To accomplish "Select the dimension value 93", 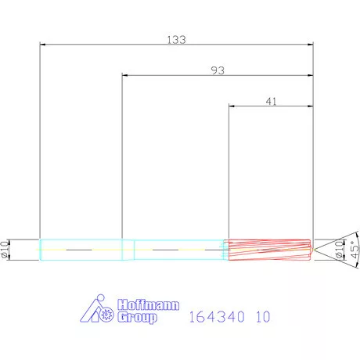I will click(x=218, y=70).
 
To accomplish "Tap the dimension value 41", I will click(x=271, y=102).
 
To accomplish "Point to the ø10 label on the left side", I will click(x=6, y=248).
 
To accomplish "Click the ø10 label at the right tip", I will click(x=339, y=249).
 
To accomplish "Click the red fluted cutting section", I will click(x=267, y=249).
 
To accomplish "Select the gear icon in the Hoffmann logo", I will click(x=102, y=315).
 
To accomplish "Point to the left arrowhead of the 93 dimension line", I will click(x=125, y=76).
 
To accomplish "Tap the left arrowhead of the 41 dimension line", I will click(x=231, y=107).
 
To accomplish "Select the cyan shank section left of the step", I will click(x=81, y=249).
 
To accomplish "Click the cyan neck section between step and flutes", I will click(x=180, y=249).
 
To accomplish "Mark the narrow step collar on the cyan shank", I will click(x=128, y=249).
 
